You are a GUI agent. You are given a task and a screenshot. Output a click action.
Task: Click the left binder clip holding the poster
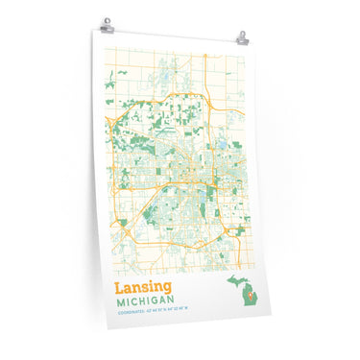pyautogui.click(x=106, y=23)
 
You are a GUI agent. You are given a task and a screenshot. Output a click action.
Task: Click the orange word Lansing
pyautogui.click(x=144, y=288)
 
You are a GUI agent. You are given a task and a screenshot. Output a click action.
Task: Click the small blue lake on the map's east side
pyautogui.click(x=221, y=144)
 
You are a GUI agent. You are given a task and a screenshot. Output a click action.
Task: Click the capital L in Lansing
pyautogui.click(x=119, y=287)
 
